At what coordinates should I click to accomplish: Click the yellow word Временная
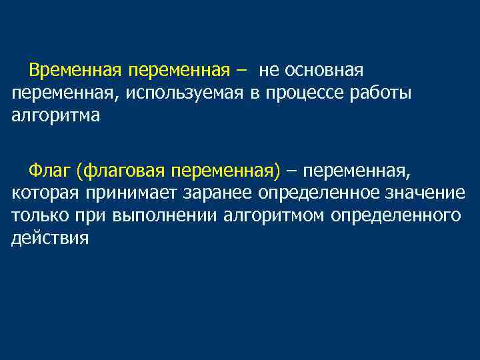pyautogui.click(x=75, y=70)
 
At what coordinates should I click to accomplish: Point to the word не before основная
pyautogui.click(x=268, y=70)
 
